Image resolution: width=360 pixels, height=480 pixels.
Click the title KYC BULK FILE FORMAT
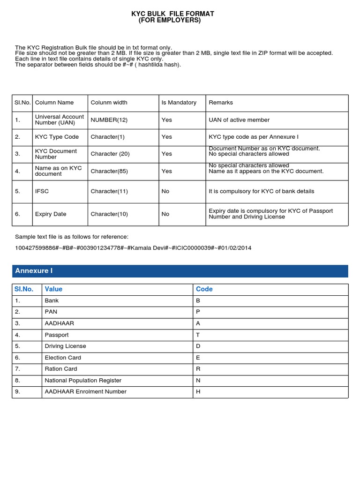(172, 14)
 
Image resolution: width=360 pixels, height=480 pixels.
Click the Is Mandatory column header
(179, 103)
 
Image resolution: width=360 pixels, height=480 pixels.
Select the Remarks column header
(221, 103)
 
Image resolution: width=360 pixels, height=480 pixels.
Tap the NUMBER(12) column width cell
(109, 120)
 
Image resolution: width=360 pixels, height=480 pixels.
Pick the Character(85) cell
(109, 171)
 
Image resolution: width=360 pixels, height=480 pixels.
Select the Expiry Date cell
(51, 214)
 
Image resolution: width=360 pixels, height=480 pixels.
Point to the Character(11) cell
(109, 191)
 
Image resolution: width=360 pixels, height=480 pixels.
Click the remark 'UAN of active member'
(239, 120)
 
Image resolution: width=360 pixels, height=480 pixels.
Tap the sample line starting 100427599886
(133, 248)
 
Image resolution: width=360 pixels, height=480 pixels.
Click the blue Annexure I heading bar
(180, 271)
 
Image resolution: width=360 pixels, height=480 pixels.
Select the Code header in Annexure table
(204, 289)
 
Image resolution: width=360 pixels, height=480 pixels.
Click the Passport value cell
(57, 335)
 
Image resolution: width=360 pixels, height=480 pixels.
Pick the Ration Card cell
(61, 369)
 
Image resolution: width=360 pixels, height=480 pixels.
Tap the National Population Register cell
(83, 380)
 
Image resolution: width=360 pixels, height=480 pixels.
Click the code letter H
(198, 391)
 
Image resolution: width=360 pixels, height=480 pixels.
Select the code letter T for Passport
(198, 335)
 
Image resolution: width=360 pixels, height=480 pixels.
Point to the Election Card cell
(63, 358)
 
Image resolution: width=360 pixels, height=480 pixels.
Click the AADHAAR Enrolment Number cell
(85, 391)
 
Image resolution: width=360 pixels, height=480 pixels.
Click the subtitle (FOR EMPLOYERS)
(170, 21)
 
